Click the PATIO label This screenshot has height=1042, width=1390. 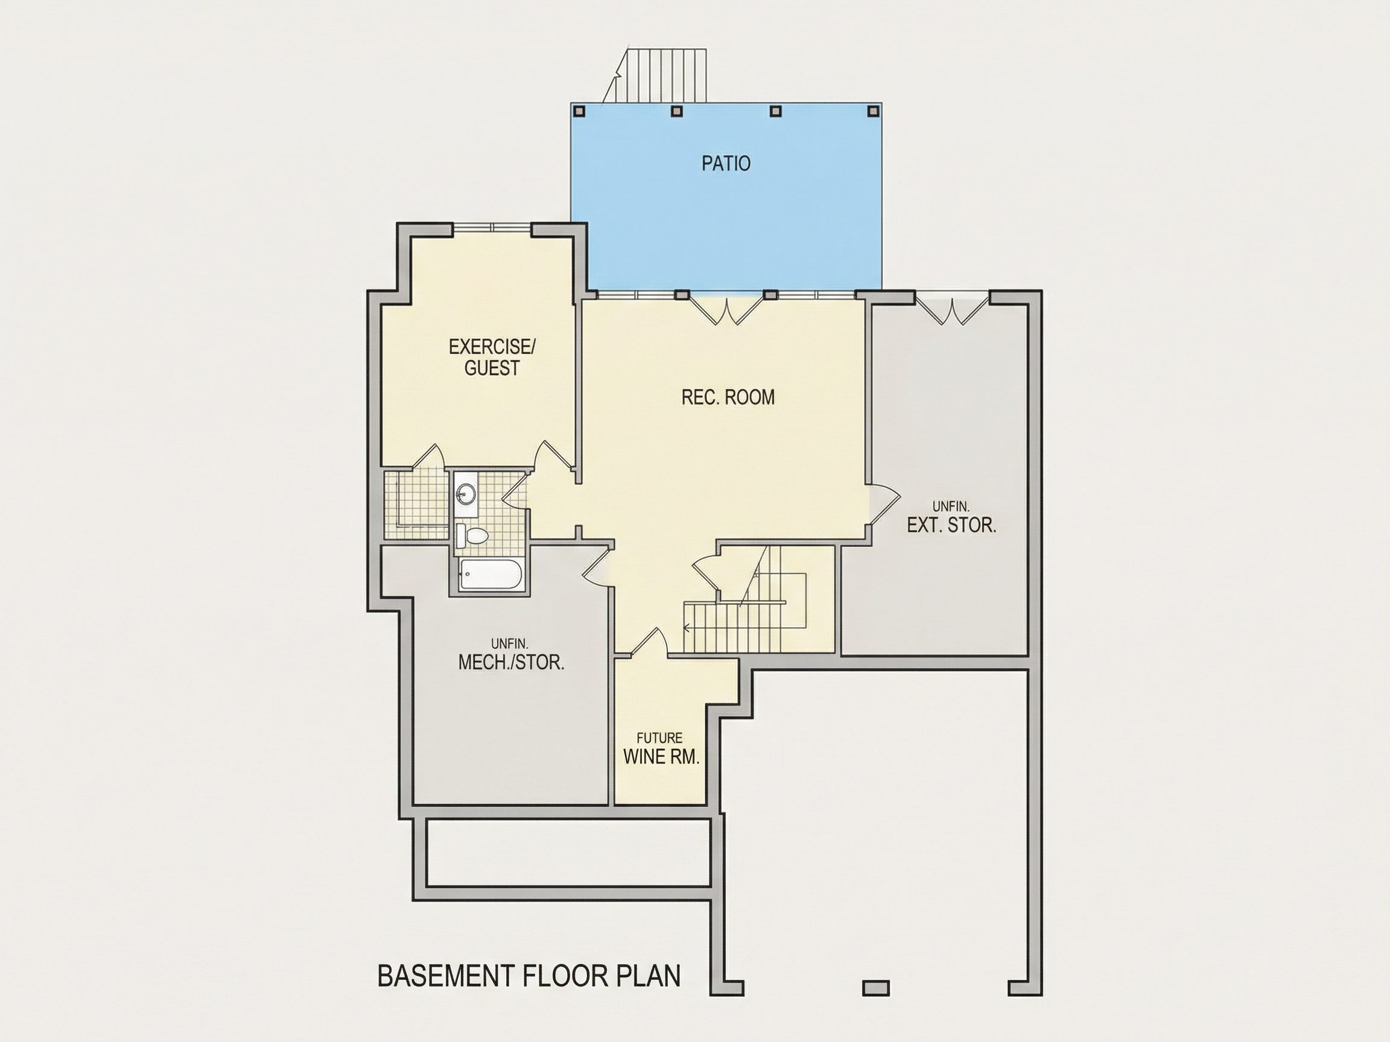[726, 163]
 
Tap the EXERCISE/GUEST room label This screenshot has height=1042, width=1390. [492, 357]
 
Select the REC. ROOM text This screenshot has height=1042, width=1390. [728, 397]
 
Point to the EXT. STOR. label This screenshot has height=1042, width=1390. [951, 525]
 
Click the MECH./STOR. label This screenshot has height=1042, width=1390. [511, 662]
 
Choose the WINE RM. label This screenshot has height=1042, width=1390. [661, 757]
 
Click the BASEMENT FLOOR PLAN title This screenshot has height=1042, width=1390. [528, 976]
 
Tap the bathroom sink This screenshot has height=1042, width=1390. [466, 494]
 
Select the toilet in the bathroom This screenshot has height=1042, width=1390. [472, 535]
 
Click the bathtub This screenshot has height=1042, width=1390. [490, 574]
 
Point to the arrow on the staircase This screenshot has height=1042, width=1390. [688, 627]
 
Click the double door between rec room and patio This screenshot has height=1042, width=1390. [726, 311]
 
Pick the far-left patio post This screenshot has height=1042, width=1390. [579, 111]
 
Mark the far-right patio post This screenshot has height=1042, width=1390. [872, 111]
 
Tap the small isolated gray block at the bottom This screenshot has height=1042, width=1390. [876, 988]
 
